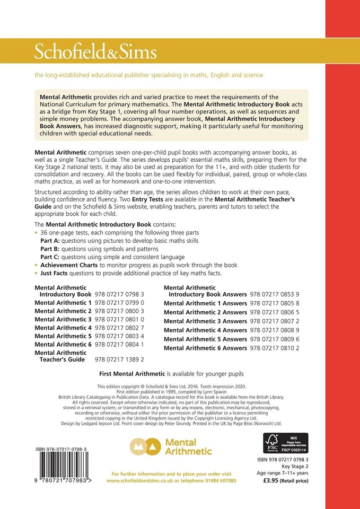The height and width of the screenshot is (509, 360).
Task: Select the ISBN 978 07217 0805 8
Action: pos(275,303)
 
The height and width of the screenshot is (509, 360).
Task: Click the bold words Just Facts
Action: pos(56,273)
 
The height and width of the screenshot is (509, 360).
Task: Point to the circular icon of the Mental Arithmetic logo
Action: pos(146,446)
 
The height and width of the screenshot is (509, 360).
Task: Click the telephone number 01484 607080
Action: pos(218,480)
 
